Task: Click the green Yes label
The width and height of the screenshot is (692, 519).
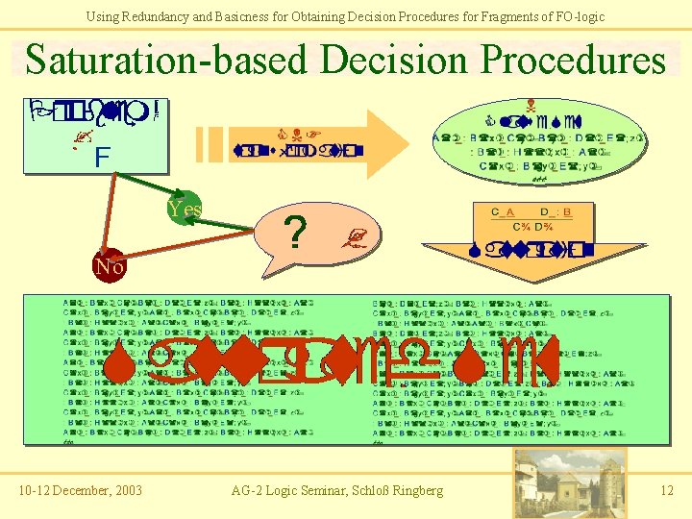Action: click(x=184, y=209)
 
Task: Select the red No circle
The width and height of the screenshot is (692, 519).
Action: click(x=109, y=267)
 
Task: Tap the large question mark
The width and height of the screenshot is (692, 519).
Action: click(x=298, y=232)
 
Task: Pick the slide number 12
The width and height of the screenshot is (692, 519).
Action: click(x=667, y=491)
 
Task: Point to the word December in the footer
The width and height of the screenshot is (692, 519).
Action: click(x=74, y=491)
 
